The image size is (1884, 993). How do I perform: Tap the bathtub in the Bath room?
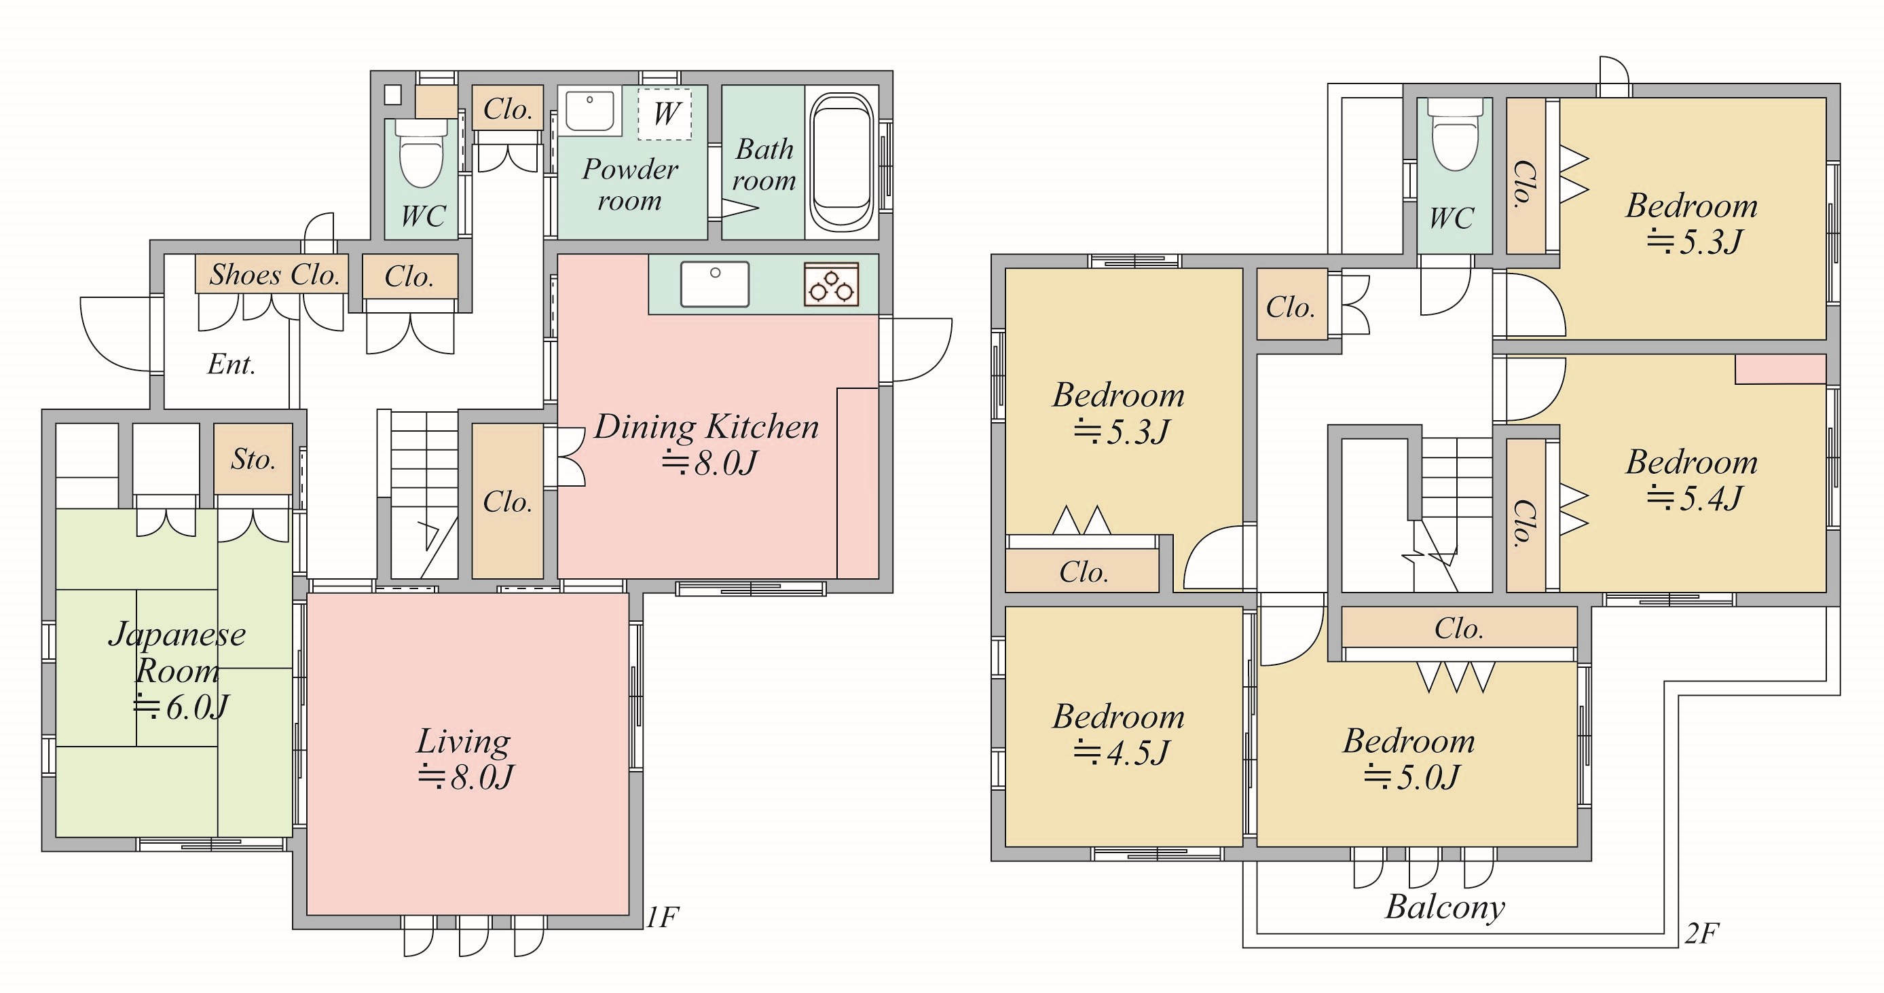(842, 162)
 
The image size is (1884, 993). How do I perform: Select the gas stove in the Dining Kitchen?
(832, 284)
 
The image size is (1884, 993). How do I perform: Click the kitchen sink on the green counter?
(714, 284)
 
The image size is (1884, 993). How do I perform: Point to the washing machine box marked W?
(665, 113)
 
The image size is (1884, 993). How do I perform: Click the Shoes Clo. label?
(274, 275)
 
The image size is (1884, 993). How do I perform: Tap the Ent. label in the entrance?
(232, 364)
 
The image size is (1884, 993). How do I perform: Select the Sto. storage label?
(253, 460)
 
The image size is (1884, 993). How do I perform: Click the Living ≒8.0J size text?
(465, 777)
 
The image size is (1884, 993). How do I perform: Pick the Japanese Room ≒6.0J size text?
(181, 707)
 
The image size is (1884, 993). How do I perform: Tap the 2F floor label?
(1701, 934)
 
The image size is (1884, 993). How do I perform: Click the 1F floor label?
(663, 917)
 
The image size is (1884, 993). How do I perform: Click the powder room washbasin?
(589, 113)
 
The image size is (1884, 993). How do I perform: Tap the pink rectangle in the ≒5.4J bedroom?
(1780, 369)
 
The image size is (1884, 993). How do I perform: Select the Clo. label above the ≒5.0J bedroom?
(1458, 629)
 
